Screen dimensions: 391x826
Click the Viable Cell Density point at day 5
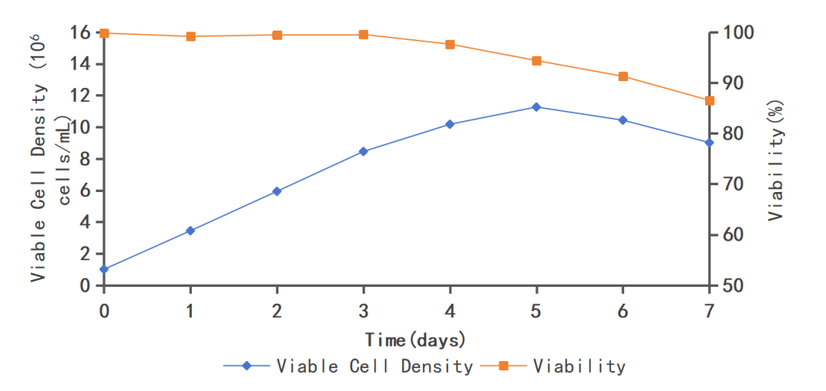[x=536, y=107]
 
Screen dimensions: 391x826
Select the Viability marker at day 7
[x=709, y=101]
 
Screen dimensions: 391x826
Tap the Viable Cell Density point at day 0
[x=104, y=269]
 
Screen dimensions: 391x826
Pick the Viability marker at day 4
[x=450, y=44]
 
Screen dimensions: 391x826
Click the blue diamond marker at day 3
[x=363, y=152]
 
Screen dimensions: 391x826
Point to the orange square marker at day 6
[x=623, y=77]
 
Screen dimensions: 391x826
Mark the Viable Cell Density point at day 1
[x=190, y=230]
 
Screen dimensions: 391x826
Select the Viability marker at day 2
[x=277, y=35]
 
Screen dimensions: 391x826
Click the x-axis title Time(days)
[x=415, y=339]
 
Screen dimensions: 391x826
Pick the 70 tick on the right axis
[x=729, y=184]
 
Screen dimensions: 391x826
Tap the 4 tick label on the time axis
[x=450, y=311]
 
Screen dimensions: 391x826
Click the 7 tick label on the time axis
[x=709, y=311]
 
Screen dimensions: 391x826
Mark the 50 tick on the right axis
[x=729, y=285]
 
